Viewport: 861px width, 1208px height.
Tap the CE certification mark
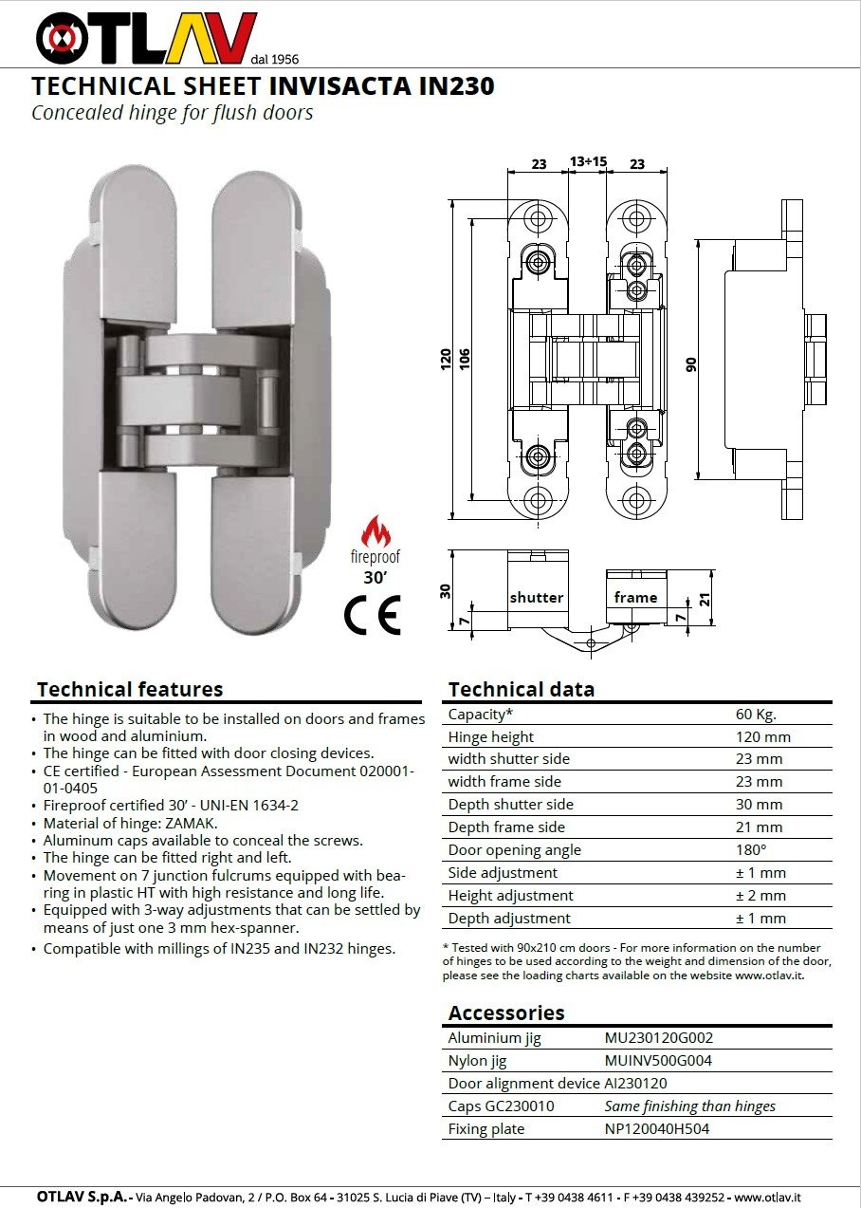click(x=373, y=616)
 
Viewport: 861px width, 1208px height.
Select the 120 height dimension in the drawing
click(x=446, y=360)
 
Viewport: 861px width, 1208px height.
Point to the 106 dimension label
click(x=465, y=360)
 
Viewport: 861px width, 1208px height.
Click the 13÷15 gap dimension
click(x=588, y=162)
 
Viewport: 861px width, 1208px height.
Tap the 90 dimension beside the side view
click(x=692, y=363)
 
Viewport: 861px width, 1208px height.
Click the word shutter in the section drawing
click(x=537, y=598)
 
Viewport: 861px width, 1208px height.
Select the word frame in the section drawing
click(x=635, y=597)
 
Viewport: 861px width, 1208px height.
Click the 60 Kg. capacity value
click(x=755, y=715)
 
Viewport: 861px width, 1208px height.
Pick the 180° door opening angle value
click(x=751, y=850)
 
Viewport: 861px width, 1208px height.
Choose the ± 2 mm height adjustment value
click(x=760, y=896)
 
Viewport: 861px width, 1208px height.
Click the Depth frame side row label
click(x=506, y=827)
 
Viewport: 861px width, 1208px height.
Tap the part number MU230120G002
click(x=659, y=1038)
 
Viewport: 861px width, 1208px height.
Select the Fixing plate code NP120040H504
click(x=657, y=1129)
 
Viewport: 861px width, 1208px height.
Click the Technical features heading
click(x=130, y=690)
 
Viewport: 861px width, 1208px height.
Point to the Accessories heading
click(x=506, y=1013)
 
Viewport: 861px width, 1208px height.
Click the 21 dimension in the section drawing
click(x=705, y=598)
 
